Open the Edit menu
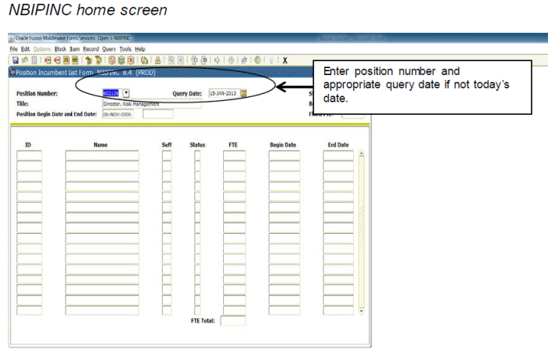point(26,49)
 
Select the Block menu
point(60,49)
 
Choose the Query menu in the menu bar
point(109,49)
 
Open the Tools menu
point(125,49)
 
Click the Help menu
point(140,49)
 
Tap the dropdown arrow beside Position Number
point(126,92)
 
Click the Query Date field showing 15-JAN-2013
point(223,92)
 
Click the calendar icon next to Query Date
point(243,92)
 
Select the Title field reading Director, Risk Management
point(151,103)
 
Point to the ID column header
point(28,145)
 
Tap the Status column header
point(197,145)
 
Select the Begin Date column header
point(283,145)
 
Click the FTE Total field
point(233,320)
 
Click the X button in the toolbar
point(285,59)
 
